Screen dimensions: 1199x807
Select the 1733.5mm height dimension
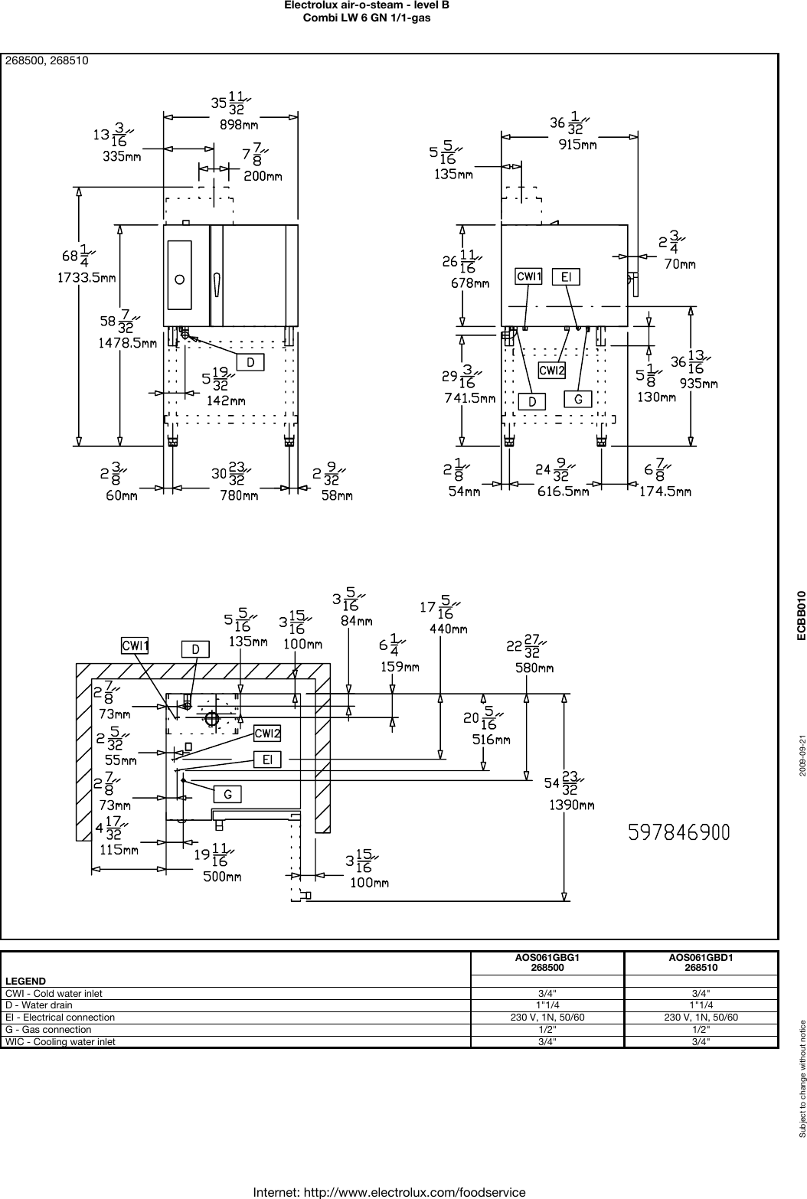coord(87,279)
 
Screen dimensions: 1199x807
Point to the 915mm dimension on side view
coord(578,145)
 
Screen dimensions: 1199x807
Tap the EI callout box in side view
coord(566,276)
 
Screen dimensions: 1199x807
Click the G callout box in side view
coord(578,399)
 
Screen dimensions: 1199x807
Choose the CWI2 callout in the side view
coord(552,371)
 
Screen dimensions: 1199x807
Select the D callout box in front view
coord(250,362)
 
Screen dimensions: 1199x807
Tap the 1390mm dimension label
coord(571,805)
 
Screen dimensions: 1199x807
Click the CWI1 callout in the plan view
coord(135,646)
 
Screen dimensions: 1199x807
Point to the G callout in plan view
coord(227,795)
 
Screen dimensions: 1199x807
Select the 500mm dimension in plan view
coord(222,877)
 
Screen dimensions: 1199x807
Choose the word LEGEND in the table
coord(25,981)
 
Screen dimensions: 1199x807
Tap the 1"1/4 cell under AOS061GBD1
coord(702,1005)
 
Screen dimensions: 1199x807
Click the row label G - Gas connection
coord(48,1030)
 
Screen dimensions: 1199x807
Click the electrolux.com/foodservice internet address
coord(389,1192)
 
